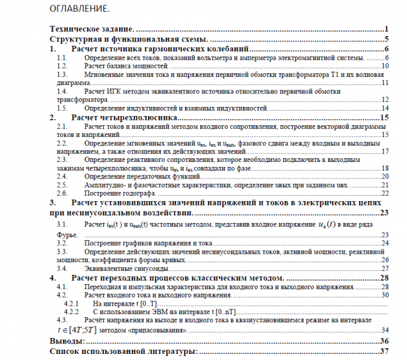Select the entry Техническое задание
click(x=91, y=29)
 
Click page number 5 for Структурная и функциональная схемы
click(x=387, y=39)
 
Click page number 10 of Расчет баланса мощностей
click(x=385, y=65)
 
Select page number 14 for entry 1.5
click(x=385, y=108)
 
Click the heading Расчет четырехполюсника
click(x=125, y=117)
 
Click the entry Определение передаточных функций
click(x=141, y=176)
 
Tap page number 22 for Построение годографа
click(x=385, y=193)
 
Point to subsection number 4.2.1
click(x=72, y=303)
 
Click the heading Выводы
click(x=66, y=341)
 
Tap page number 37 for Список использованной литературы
click(x=384, y=351)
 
